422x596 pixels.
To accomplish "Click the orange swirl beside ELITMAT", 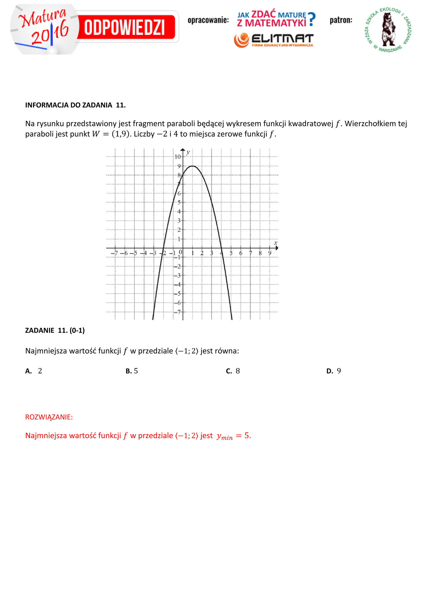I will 241,40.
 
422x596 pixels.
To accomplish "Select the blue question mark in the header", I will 311,19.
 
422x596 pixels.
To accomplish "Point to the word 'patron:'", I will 341,20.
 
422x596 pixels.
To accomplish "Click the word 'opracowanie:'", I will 208,20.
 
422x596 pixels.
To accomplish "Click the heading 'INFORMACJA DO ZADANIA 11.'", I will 75,105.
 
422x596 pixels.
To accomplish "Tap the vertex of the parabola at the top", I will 192,166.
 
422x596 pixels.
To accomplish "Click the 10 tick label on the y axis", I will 178,157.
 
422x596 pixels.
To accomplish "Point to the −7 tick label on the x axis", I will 115,253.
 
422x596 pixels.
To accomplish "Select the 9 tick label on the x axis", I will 270,253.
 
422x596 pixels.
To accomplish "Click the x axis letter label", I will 275,243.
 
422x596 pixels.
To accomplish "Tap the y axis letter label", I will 188,152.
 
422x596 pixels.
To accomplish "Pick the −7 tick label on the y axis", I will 177,312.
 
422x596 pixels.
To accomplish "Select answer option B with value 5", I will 132,371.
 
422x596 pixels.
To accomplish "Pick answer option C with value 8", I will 233,371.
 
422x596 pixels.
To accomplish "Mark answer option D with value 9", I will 334,371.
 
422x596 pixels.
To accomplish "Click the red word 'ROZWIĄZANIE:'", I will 49,417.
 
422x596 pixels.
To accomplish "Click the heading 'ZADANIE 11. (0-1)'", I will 55,330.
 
